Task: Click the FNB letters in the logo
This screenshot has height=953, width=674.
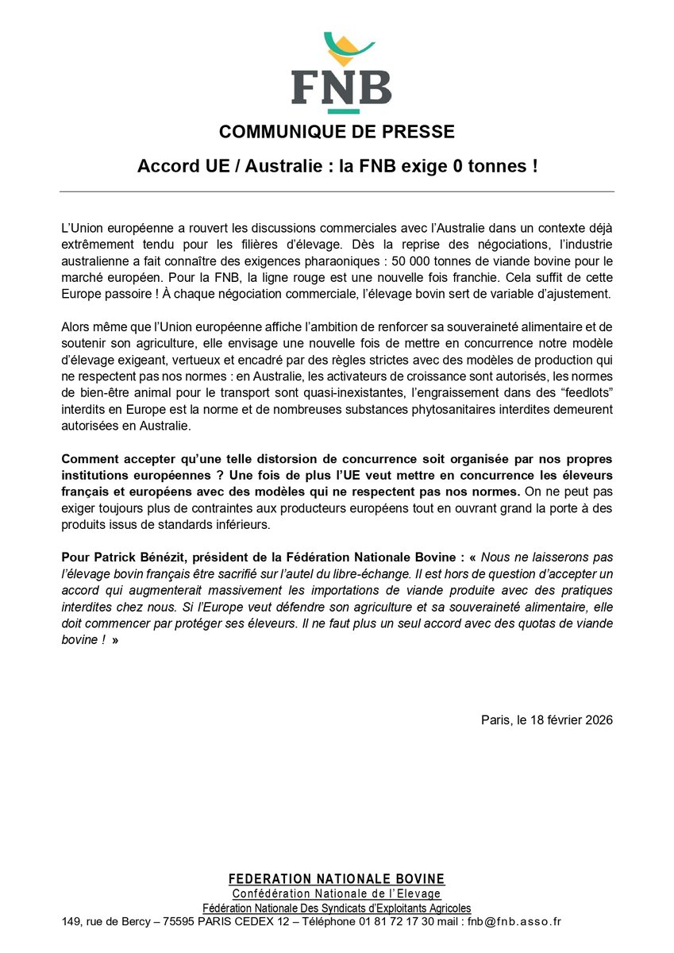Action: (x=341, y=87)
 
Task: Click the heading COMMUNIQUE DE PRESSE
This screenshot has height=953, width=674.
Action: (x=337, y=132)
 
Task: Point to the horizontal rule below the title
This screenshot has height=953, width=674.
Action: (x=337, y=191)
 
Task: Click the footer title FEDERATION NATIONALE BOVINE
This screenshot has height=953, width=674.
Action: (x=337, y=879)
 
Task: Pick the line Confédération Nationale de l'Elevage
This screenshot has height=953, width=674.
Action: (x=337, y=894)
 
